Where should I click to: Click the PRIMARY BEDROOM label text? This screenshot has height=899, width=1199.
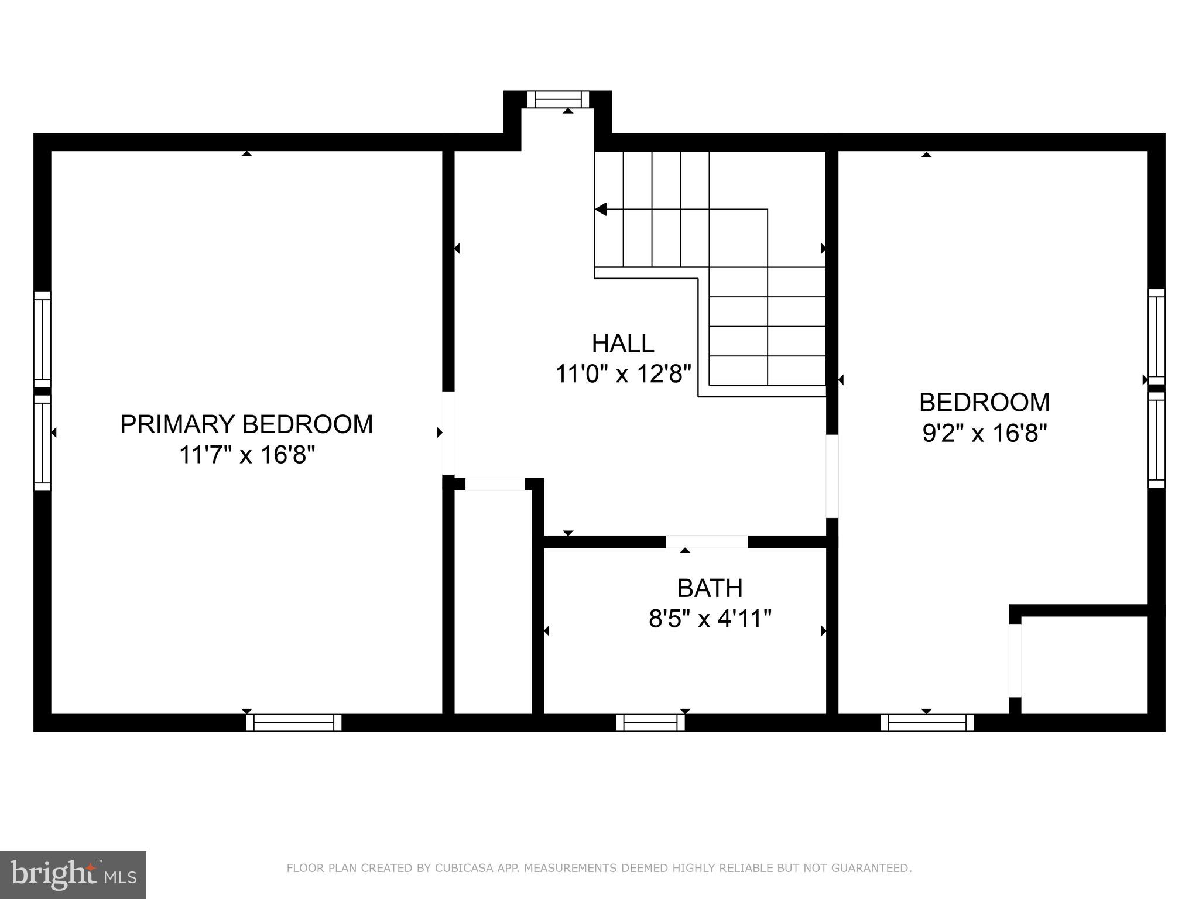click(246, 424)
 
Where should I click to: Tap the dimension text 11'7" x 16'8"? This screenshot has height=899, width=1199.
click(246, 455)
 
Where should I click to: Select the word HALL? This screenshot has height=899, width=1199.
click(622, 344)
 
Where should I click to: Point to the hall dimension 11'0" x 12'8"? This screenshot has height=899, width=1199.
click(623, 374)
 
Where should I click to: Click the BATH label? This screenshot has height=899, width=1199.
click(710, 588)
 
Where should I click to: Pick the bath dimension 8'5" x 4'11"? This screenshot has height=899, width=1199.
click(710, 619)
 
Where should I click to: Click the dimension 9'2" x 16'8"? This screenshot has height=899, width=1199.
click(984, 434)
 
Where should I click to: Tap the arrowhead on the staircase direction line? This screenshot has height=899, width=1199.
click(601, 209)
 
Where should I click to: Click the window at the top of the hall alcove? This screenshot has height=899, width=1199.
click(557, 99)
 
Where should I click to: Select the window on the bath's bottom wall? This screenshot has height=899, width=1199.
click(650, 723)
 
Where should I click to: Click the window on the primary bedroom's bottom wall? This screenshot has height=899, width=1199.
click(293, 723)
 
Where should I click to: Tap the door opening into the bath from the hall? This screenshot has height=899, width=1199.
click(707, 541)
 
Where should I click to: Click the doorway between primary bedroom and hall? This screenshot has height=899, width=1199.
click(448, 433)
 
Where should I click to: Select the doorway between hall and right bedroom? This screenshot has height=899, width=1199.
click(832, 476)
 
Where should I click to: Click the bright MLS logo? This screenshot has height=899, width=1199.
click(73, 874)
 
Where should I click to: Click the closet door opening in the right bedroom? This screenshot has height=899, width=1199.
click(1015, 660)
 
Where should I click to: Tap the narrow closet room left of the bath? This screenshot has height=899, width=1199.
click(493, 603)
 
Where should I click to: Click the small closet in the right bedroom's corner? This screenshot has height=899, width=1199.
click(1084, 665)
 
